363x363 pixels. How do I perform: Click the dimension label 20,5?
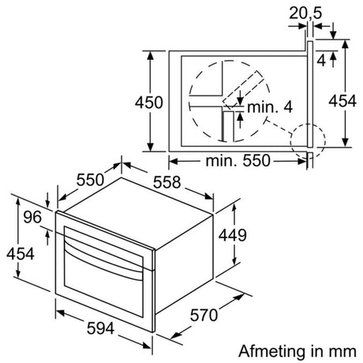coord(305,13)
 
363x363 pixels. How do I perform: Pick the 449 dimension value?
coord(233,235)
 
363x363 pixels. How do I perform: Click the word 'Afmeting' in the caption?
coord(264,350)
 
